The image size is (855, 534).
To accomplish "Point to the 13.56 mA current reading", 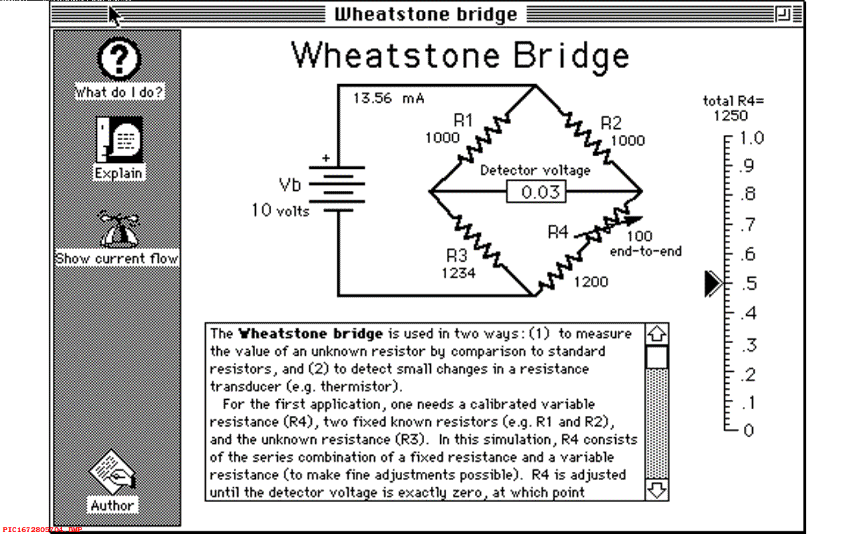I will point(389,98).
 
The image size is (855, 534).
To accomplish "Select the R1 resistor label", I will point(464,121).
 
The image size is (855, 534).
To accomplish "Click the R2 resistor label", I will point(611,123).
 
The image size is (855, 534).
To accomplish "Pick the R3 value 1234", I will point(458,272).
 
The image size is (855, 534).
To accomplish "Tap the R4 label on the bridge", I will point(558,232).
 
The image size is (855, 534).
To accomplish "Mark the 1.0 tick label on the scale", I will point(751,138).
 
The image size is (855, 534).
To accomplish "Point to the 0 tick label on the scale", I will point(748,430).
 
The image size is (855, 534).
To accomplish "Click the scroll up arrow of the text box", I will point(657,333).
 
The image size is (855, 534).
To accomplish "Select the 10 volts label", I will point(281,210).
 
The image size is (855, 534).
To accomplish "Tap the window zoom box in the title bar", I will point(783,14).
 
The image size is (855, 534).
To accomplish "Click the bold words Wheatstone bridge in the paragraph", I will point(311,333).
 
